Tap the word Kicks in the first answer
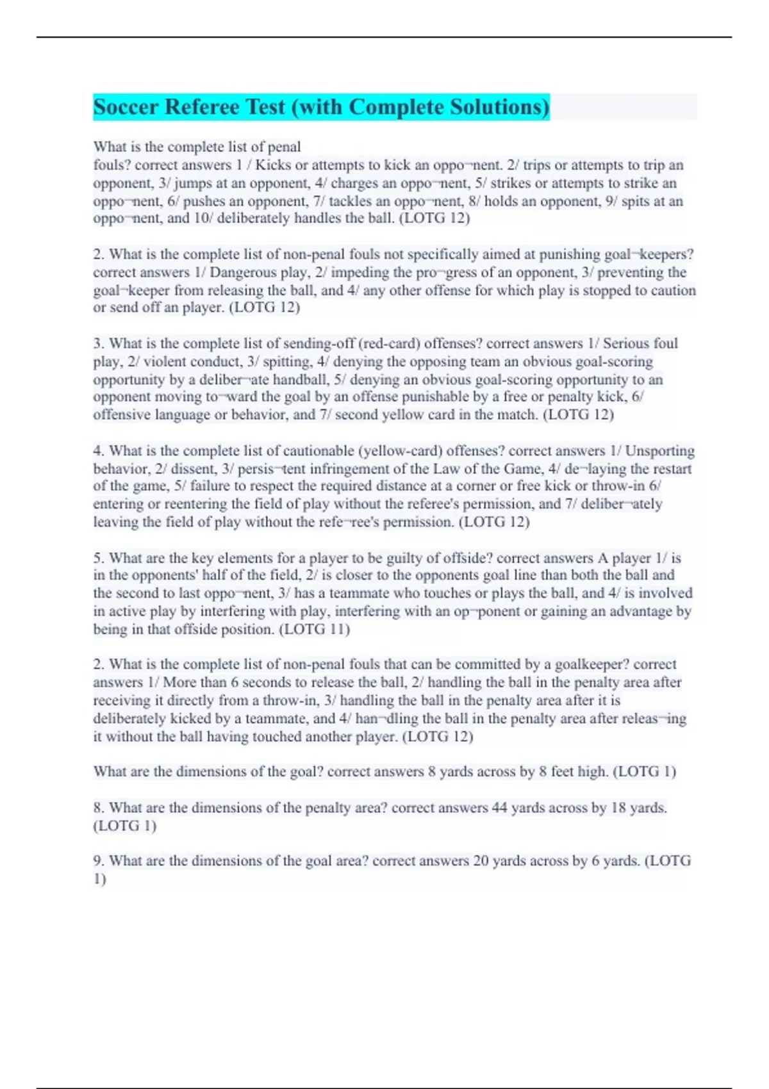[x=273, y=165]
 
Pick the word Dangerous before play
[x=242, y=272]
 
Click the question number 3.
[x=98, y=343]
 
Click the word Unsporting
[x=659, y=451]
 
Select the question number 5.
[x=98, y=558]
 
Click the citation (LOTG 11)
[x=314, y=630]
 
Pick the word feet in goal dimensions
[x=562, y=772]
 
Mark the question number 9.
[x=98, y=861]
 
